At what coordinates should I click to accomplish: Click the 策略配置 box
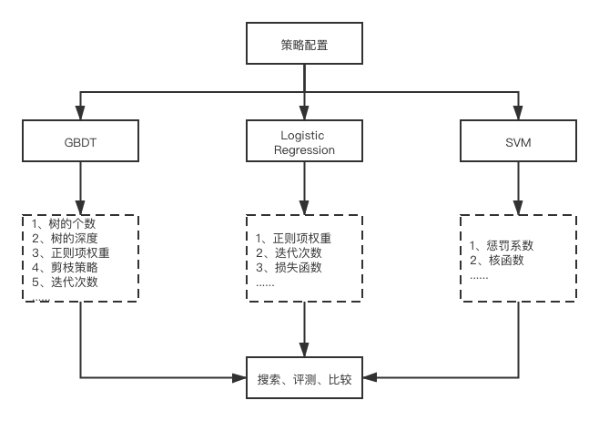pos(305,44)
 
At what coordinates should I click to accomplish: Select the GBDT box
pos(80,142)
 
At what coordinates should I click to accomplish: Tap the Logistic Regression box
pos(304,142)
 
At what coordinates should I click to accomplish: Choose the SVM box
pos(519,142)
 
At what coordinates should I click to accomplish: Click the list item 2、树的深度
pos(64,239)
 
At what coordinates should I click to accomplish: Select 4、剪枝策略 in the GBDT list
pos(64,268)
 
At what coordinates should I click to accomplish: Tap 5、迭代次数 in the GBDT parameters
pos(64,282)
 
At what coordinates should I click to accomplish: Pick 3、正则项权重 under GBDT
pos(70,253)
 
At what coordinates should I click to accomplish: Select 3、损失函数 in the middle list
pos(288,268)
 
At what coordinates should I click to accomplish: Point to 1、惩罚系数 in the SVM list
pos(502,245)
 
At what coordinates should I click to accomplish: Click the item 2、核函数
pos(496,260)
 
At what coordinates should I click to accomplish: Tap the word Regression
pos(304,149)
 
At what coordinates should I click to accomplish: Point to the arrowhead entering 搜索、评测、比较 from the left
pos(240,376)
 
